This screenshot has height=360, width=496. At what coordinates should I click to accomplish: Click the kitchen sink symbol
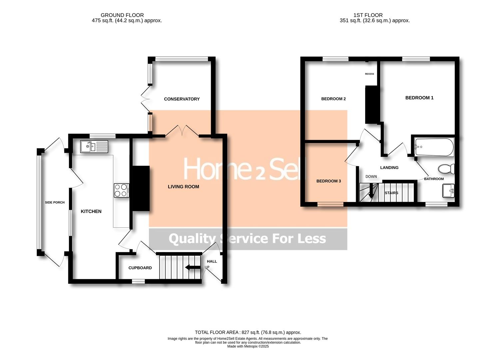pyautogui.click(x=94, y=146)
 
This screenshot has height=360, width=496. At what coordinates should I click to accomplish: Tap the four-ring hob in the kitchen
pyautogui.click(x=121, y=190)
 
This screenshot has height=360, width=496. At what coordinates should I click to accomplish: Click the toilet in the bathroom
pyautogui.click(x=446, y=169)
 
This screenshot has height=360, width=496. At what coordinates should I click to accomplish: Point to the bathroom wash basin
pyautogui.click(x=448, y=191)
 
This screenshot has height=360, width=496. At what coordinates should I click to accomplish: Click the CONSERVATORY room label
pyautogui.click(x=182, y=99)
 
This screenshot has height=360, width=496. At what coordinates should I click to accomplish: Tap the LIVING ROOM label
pyautogui.click(x=183, y=187)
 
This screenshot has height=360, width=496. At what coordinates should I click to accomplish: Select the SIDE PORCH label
pyautogui.click(x=55, y=202)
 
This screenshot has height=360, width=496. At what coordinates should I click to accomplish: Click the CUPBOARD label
pyautogui.click(x=140, y=268)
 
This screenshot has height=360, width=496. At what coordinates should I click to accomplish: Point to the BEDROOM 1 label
pyautogui.click(x=419, y=98)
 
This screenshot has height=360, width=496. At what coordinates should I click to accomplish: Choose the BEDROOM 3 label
pyautogui.click(x=328, y=181)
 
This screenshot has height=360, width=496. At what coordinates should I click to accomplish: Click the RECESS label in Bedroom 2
pyautogui.click(x=369, y=74)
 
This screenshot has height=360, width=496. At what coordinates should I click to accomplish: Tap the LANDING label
pyautogui.click(x=389, y=168)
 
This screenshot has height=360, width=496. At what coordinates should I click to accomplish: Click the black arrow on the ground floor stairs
pyautogui.click(x=192, y=267)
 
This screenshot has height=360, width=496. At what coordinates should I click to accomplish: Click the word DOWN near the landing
pyautogui.click(x=371, y=177)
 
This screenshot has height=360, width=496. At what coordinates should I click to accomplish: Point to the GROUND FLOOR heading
pyautogui.click(x=122, y=15)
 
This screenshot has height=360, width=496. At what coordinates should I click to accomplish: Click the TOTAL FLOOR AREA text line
pyautogui.click(x=248, y=332)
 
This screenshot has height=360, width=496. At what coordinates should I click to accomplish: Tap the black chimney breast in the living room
pyautogui.click(x=141, y=188)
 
